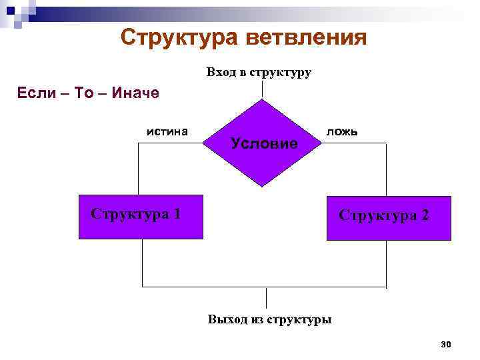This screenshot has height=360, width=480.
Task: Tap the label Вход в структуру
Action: pos(259,72)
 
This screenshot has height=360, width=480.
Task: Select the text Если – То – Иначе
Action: pos(87,93)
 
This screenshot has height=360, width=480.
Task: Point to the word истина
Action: pos(167,131)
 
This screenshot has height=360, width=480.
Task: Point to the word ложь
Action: pos(341,131)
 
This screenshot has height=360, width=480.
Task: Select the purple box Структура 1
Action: pos(141,217)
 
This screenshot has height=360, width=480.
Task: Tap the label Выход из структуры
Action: pos(269,319)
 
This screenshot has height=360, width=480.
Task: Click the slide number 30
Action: pos(446,344)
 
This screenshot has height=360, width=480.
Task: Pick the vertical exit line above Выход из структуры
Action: pos(267,297)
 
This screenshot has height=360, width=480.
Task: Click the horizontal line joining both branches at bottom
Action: pos(200,287)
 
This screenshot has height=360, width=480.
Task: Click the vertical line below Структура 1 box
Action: pos(142,263)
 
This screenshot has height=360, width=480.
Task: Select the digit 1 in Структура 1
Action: pos(176,214)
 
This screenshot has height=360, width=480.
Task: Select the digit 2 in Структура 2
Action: pos(425,216)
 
